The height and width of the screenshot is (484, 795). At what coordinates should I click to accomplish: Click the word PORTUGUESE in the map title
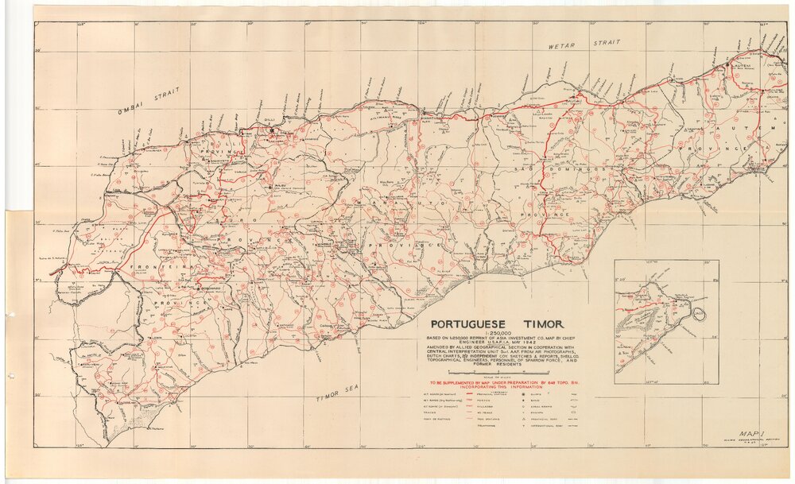point(469,324)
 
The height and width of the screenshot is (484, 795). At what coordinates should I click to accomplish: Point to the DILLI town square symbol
point(272,130)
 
